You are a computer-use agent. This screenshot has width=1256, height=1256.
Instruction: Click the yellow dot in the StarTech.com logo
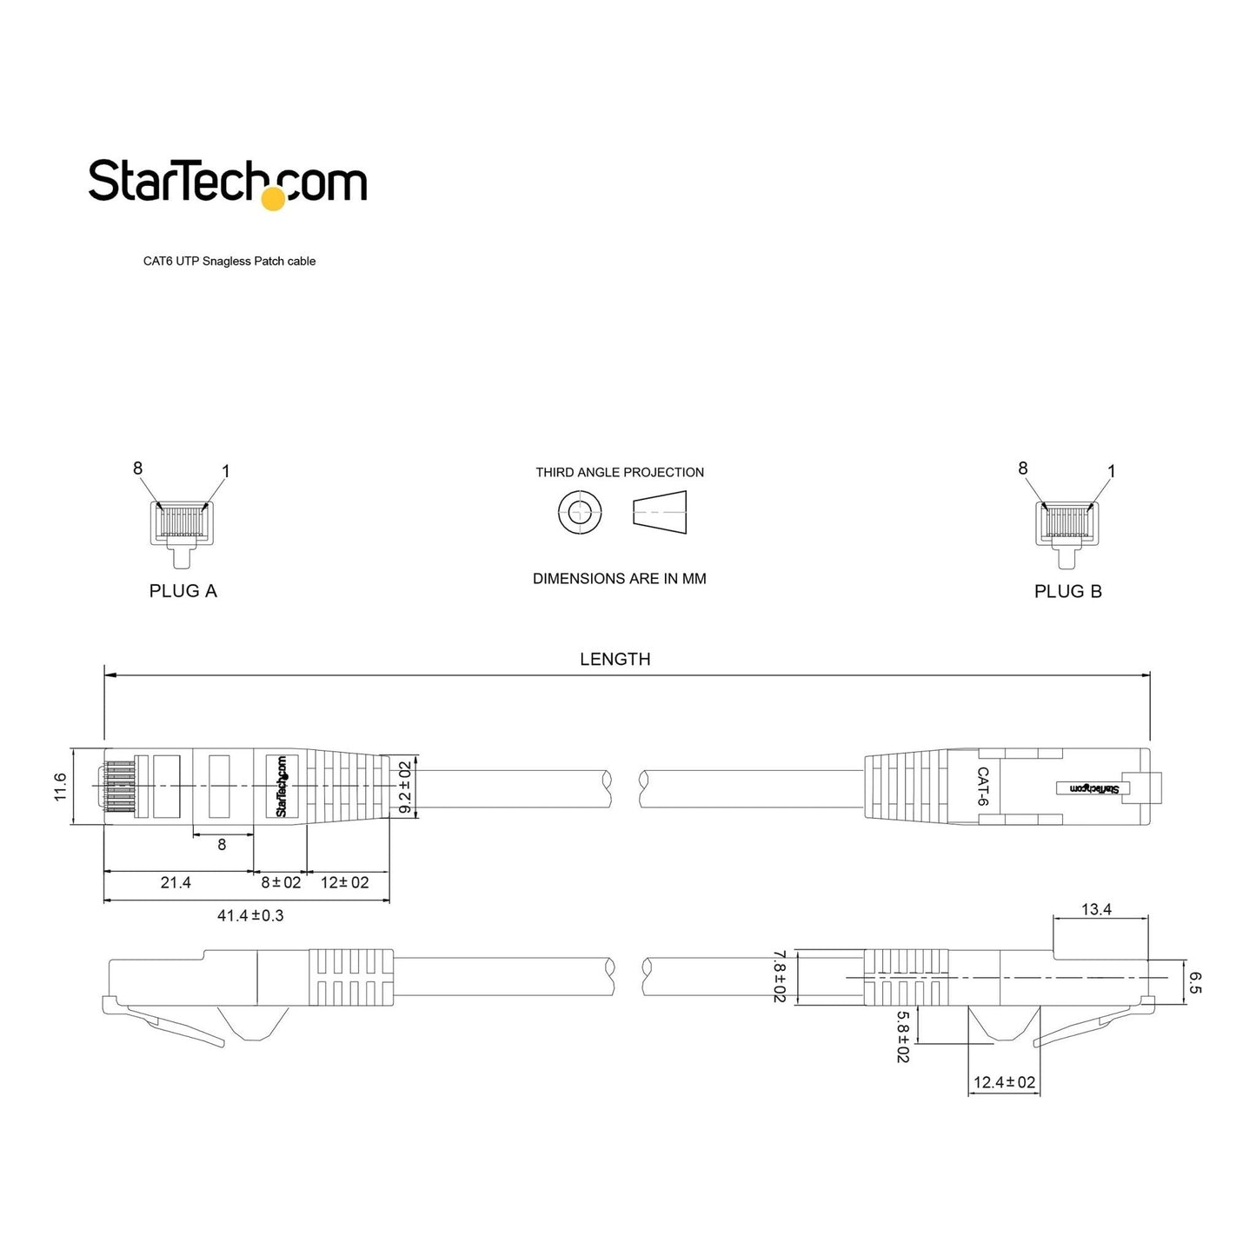coord(273,199)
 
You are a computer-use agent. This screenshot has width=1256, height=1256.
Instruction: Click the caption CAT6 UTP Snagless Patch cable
coord(229,262)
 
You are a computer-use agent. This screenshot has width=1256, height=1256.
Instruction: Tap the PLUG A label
coord(183,591)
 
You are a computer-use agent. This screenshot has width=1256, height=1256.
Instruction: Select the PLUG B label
coord(1068,591)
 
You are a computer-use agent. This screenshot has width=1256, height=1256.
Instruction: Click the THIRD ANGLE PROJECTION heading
coord(620,472)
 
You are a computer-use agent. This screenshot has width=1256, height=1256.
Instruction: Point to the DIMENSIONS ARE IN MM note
coord(619,578)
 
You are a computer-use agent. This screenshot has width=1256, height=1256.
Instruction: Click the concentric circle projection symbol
coord(580,512)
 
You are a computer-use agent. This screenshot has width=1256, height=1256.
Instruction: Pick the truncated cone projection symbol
coord(660,512)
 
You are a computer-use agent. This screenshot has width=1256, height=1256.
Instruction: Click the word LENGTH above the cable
coord(615,659)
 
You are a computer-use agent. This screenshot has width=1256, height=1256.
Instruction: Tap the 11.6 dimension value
coord(60,786)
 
